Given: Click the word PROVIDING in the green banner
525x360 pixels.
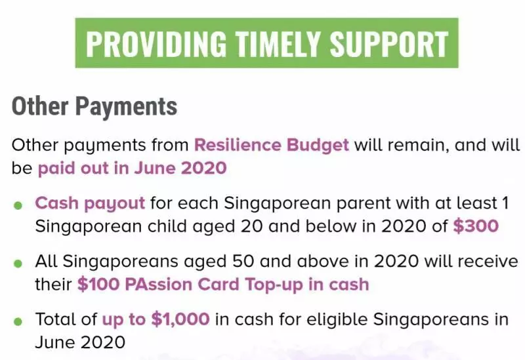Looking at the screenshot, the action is point(156,43).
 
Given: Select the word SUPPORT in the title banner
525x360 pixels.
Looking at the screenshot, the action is point(388,43).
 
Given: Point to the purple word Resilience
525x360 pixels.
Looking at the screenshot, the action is point(238,145).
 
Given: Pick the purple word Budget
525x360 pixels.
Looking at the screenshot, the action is point(318,146).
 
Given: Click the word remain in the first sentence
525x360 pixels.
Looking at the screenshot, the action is point(417,146).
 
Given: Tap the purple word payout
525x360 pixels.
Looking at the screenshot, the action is point(114,204).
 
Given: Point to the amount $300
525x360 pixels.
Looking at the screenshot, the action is point(476,226).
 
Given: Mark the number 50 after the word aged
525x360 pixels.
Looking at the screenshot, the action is point(243,261).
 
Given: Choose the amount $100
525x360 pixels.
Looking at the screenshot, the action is point(98,285).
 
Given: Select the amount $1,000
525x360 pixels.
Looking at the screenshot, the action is point(180,319).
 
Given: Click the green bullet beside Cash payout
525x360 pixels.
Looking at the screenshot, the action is point(18,205).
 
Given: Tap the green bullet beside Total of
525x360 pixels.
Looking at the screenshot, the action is point(18,322).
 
